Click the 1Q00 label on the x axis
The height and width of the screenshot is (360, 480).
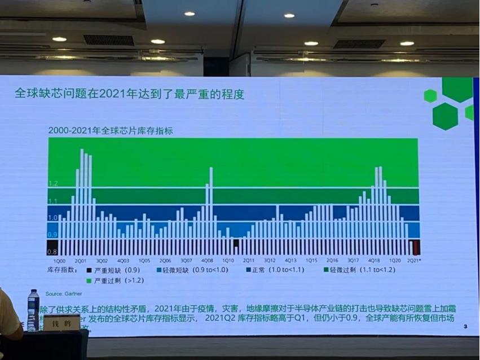(x=59, y=261)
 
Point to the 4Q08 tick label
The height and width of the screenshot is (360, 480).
(x=207, y=261)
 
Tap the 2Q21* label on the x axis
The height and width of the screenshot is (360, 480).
(x=415, y=261)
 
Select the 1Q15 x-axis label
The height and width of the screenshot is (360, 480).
(x=311, y=261)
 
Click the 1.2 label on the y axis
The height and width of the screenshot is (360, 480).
(x=53, y=183)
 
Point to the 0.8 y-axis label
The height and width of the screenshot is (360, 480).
(x=52, y=252)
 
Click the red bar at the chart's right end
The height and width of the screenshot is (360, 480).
(x=416, y=247)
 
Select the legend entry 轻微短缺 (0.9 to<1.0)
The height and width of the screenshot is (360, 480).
(x=191, y=270)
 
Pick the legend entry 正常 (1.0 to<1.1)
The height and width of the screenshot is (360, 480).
(x=276, y=270)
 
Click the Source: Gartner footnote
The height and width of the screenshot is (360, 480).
(x=63, y=294)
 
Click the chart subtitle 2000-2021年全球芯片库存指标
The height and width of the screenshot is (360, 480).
(x=111, y=130)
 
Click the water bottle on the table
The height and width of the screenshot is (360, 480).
(x=33, y=310)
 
